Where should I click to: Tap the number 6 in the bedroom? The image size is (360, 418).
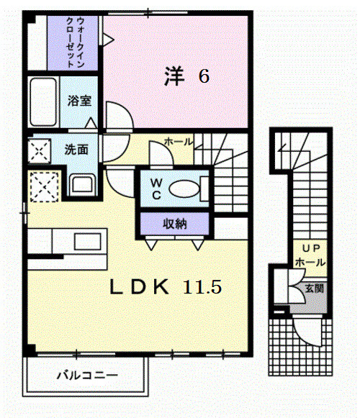pos(204,76)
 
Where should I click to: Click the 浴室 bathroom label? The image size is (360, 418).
pos(79,101)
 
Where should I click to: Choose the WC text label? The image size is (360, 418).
pos(156,188)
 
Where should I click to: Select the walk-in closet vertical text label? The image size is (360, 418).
pos(75,42)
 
